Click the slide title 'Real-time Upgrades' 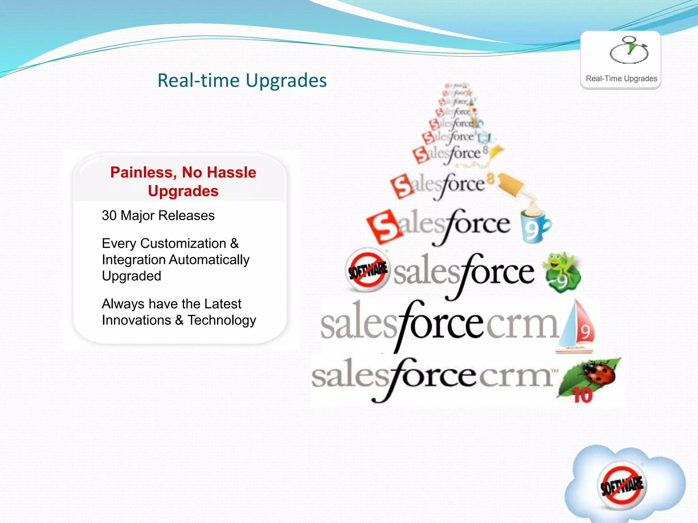tap(242, 81)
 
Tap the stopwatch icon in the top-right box tap(629, 51)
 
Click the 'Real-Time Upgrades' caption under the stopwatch tap(621, 79)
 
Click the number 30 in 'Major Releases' tap(109, 216)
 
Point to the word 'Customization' tap(183, 243)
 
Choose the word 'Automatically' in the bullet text tap(209, 260)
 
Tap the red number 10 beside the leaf tap(582, 395)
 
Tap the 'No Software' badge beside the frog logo tap(367, 270)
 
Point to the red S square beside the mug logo tap(384, 227)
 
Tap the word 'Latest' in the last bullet tap(223, 304)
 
